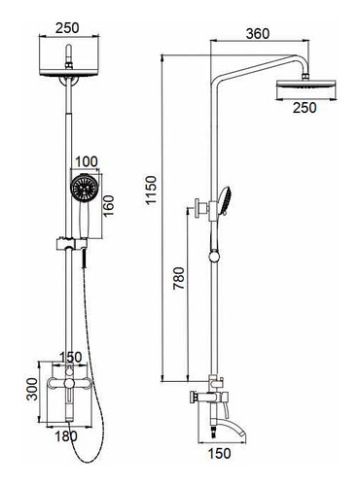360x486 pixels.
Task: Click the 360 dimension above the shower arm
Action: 258,33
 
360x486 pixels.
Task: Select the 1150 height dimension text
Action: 151,190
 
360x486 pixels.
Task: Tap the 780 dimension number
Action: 178,278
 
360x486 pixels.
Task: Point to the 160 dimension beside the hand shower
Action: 109,206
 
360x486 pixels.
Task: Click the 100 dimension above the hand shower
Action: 87,161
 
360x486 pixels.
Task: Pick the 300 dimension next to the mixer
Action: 32,389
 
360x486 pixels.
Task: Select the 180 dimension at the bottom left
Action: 66,436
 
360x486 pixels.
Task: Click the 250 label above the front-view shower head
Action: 67,28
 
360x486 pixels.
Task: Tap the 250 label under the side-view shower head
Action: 305,108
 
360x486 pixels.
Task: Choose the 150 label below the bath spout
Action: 220,454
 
